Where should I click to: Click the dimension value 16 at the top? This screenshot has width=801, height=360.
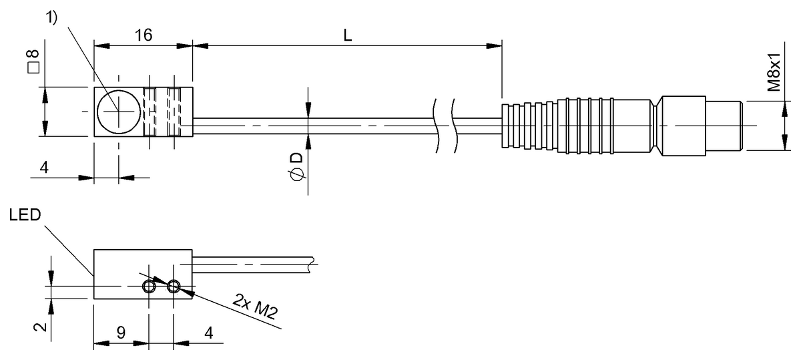tap(143, 36)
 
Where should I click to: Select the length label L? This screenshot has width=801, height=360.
tap(348, 36)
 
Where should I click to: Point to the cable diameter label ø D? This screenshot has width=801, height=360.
tap(296, 166)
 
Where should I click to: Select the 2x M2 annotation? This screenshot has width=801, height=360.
tap(256, 308)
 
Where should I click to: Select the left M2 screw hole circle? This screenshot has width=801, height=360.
tap(149, 287)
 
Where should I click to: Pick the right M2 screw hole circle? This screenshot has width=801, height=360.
tap(174, 287)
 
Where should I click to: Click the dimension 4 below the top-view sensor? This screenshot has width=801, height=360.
tap(44, 168)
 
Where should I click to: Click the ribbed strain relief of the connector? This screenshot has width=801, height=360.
tap(527, 126)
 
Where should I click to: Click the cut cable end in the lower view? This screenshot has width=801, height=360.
tap(312, 264)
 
